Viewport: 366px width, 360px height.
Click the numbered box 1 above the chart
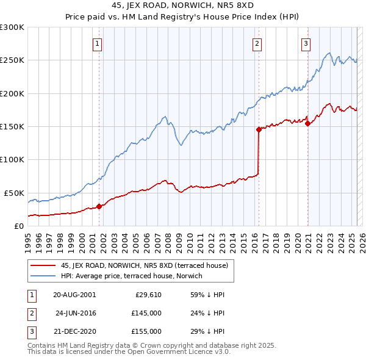[x=98, y=43]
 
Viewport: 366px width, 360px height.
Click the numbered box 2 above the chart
[x=257, y=43]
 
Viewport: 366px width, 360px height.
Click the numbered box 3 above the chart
[x=306, y=43]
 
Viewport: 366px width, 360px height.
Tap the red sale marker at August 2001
[x=99, y=206]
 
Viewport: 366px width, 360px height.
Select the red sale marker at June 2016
[x=259, y=129]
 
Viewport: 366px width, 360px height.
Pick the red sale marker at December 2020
[x=308, y=123]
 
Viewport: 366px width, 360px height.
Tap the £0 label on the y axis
[x=18, y=226]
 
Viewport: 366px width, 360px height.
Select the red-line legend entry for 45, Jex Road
[x=144, y=265]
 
